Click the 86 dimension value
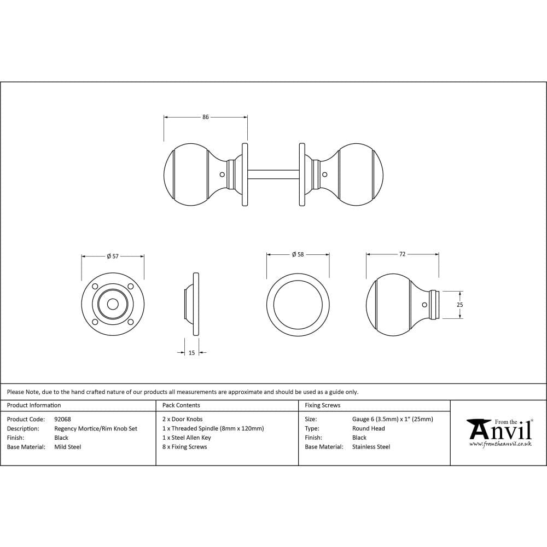click(206, 117)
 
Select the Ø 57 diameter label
click(113, 256)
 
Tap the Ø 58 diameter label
click(298, 254)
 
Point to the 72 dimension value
click(402, 254)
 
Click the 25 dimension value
click(460, 305)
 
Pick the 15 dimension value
click(191, 353)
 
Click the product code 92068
click(62, 420)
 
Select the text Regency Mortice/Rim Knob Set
click(96, 429)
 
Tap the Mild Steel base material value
click(68, 447)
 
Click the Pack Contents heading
click(181, 405)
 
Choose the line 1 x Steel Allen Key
click(187, 438)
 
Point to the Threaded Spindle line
click(213, 429)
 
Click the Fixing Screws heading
click(322, 405)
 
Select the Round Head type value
click(368, 429)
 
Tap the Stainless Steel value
click(371, 447)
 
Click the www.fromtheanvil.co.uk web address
click(500, 444)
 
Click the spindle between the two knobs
click(273, 174)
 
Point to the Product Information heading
click(34, 405)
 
